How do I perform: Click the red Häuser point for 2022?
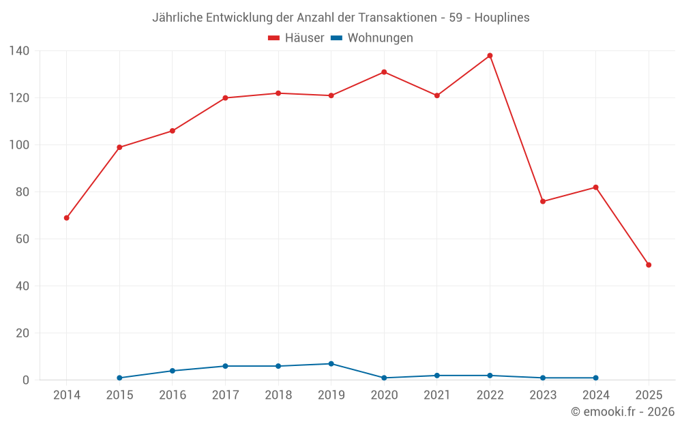490,56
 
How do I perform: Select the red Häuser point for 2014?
67,218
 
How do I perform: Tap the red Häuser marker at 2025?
649,265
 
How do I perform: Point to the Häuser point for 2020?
384,72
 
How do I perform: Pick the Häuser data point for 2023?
543,202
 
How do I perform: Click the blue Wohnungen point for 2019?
331,364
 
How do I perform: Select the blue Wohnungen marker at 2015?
119,378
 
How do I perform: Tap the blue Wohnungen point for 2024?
596,378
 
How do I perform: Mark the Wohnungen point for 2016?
172,371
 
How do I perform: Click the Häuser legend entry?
297,38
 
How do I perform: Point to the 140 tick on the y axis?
19,51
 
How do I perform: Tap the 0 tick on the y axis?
25,380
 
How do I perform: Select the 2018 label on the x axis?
278,395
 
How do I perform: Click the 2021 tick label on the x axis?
437,395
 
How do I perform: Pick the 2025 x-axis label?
649,395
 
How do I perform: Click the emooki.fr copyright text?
623,412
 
